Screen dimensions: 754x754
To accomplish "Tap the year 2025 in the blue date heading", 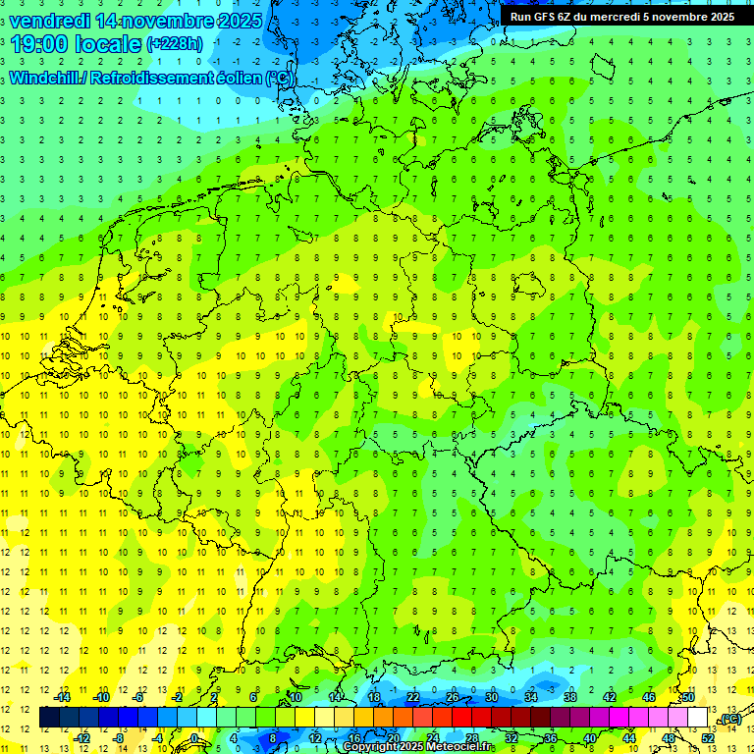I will point(237,21).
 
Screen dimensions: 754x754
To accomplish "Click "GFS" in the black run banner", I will point(545,17).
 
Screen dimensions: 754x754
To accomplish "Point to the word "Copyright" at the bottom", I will point(370,747).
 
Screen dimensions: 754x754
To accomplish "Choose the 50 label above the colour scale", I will point(688,697).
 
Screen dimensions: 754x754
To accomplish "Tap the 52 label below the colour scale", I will point(708,737).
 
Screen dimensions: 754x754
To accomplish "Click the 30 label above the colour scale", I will point(492,697).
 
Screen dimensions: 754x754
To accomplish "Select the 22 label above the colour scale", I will point(413,697).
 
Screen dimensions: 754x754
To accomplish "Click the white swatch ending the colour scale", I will point(698,718).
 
